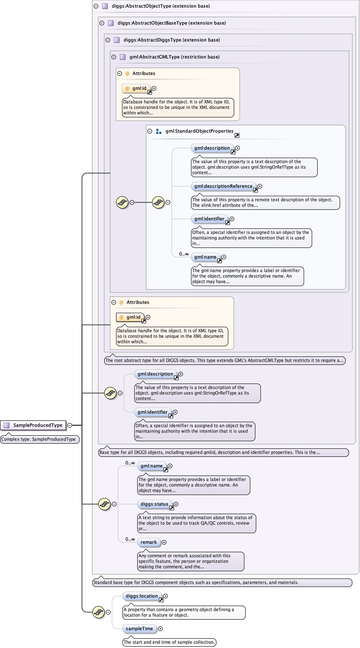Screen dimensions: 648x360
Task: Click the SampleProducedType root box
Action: coord(33,425)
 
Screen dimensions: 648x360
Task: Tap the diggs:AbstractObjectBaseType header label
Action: coord(172,23)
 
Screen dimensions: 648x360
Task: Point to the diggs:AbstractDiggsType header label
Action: coord(172,40)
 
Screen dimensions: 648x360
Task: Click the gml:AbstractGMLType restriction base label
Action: coord(174,57)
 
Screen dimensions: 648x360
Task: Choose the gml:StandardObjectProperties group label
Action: coord(199,131)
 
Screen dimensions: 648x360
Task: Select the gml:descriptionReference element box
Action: coord(223,186)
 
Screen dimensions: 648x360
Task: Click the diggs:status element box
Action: coord(155,504)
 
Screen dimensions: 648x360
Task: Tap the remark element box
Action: coord(149,542)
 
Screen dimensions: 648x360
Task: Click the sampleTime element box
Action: coord(139,629)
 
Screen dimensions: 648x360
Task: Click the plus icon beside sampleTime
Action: coord(160,629)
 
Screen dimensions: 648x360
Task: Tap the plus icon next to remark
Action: coord(164,542)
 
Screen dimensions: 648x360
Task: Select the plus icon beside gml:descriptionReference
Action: coord(260,186)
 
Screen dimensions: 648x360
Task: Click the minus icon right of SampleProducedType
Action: coord(69,425)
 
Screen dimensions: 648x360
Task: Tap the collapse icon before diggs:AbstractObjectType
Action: coord(96,6)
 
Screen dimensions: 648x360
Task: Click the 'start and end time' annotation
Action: coord(169,642)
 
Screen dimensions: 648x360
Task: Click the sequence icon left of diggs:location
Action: coord(98,612)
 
